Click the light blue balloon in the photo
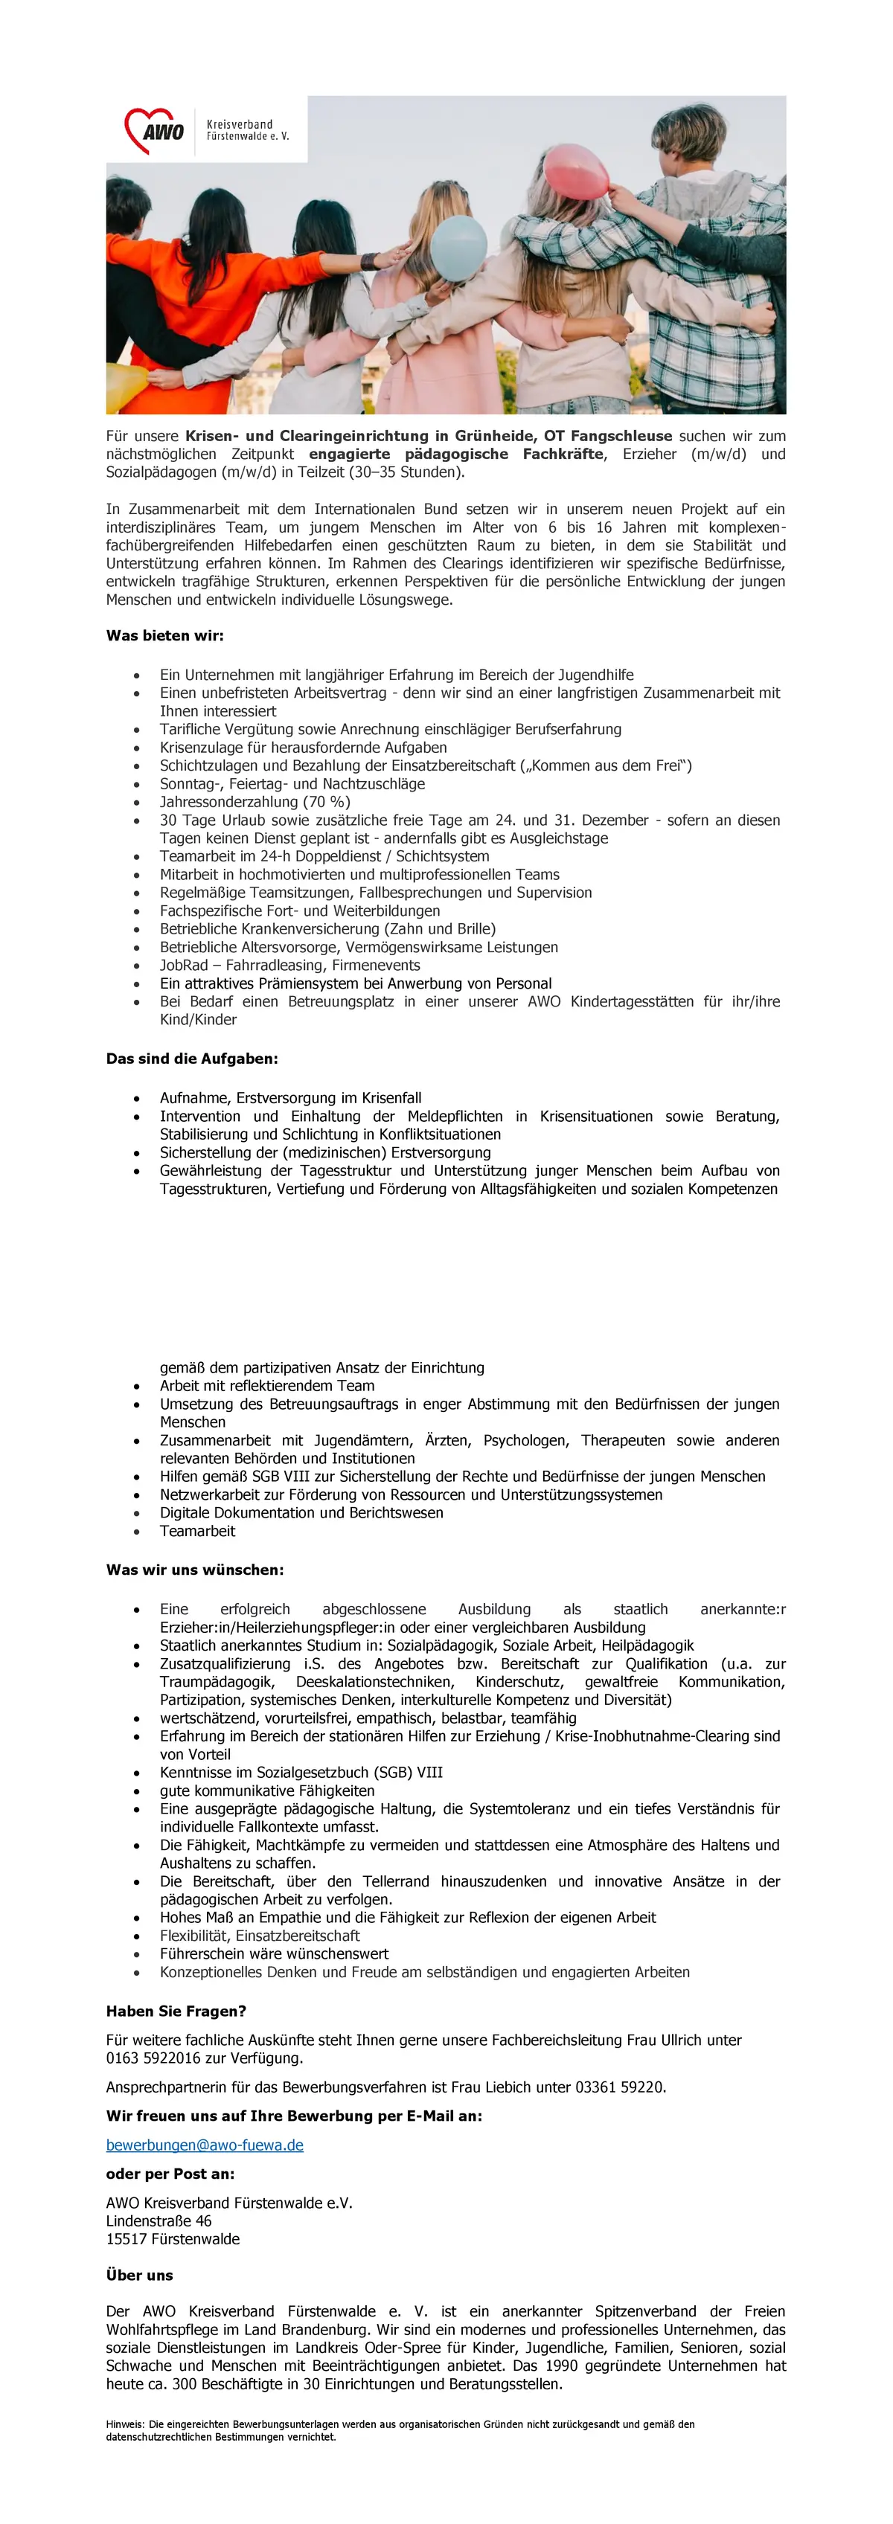(x=458, y=248)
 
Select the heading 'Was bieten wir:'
(x=164, y=636)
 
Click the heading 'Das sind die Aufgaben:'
(x=192, y=1059)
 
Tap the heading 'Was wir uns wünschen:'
(x=195, y=1570)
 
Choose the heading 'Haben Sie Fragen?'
(x=176, y=2011)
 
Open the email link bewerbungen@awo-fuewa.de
(x=205, y=2145)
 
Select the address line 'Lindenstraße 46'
(x=159, y=2221)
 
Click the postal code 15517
(x=124, y=2239)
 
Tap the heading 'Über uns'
(x=139, y=2275)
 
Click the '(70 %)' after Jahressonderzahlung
(x=327, y=801)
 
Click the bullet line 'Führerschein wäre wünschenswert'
(x=275, y=1953)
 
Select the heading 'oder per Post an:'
(x=170, y=2173)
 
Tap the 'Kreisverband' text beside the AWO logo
(x=239, y=124)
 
